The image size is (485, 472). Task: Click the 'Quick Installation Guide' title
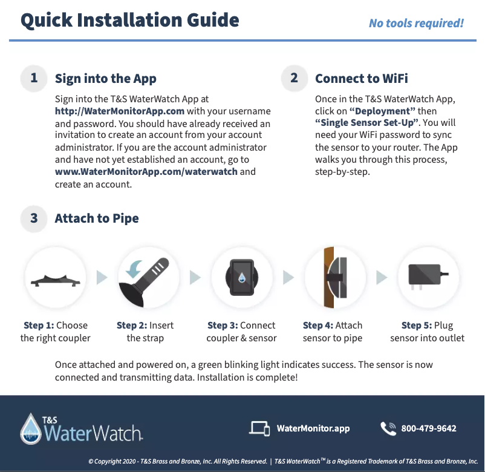(x=130, y=20)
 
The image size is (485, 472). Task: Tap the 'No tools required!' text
(x=416, y=23)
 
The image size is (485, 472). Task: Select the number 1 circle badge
(x=34, y=78)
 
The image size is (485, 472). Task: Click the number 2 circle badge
(x=295, y=78)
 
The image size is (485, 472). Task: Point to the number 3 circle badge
(x=34, y=218)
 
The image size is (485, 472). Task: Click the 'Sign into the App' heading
(x=106, y=79)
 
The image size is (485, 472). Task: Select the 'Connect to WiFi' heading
(x=362, y=79)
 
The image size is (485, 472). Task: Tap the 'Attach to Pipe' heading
(x=97, y=218)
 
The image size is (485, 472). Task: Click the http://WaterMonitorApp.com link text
(x=120, y=111)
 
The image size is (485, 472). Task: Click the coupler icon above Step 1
(x=55, y=280)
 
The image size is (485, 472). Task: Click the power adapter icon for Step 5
(x=425, y=277)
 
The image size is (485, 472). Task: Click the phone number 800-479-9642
(x=428, y=428)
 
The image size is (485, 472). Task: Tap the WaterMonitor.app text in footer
(x=313, y=428)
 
